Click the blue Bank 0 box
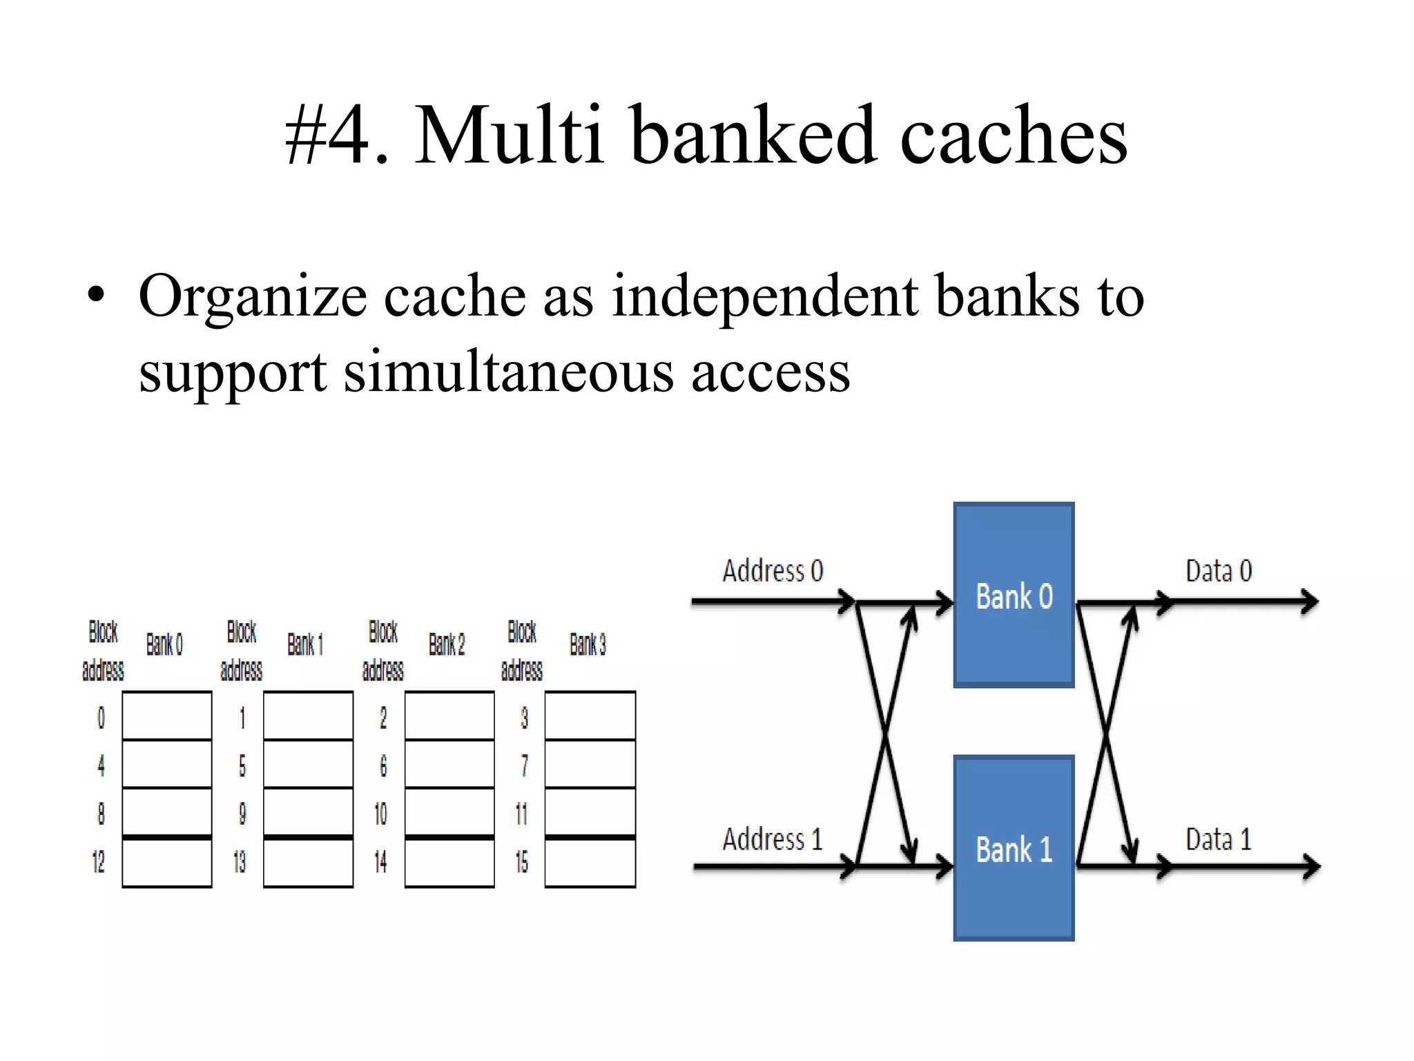coord(1014,595)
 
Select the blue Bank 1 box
coord(1014,848)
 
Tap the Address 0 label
coord(773,571)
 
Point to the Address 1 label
coord(773,839)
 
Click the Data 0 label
coord(1219,571)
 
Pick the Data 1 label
coord(1219,839)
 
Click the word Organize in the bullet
coord(252,297)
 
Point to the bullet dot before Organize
coord(97,296)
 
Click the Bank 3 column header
coord(588,644)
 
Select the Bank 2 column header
coord(447,644)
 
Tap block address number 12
coord(99,861)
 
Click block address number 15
coord(522,861)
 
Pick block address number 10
coord(380,814)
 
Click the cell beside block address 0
coord(167,716)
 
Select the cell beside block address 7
coord(590,764)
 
